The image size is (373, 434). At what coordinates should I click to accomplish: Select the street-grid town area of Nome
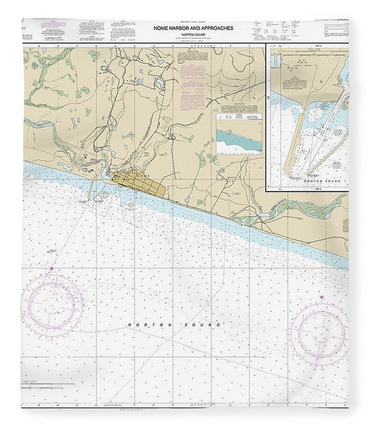click(141, 185)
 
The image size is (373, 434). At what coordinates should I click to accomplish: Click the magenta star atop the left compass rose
click(50, 269)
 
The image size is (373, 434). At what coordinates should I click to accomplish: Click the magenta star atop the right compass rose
click(321, 298)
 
